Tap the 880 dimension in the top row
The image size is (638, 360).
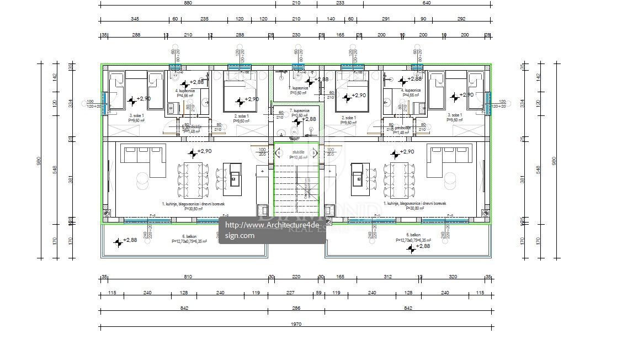point(188,3)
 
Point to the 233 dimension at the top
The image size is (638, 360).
point(339,3)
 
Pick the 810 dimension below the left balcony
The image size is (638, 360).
point(188,277)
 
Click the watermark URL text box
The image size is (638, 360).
point(272,230)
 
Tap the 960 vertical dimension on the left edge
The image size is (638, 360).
point(39,161)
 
